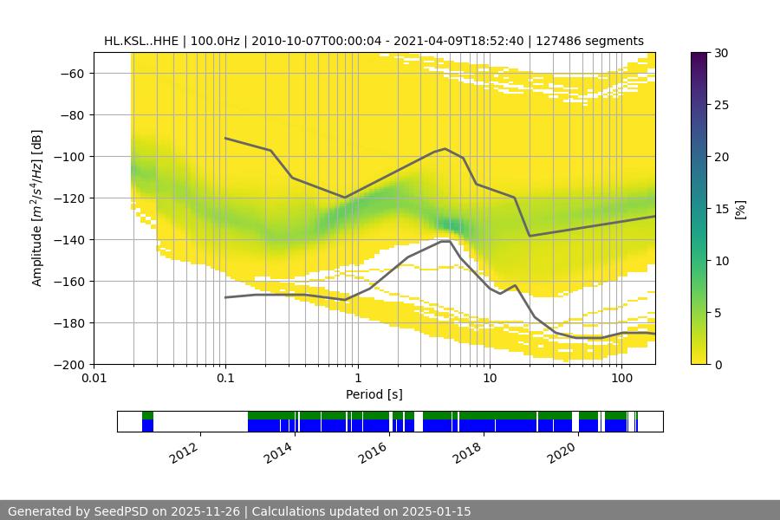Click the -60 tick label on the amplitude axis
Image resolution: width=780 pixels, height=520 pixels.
(70, 73)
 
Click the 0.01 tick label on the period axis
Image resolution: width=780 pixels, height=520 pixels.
(94, 379)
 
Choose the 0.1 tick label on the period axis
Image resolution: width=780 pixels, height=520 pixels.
(225, 379)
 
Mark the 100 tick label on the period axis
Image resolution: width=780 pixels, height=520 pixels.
(621, 379)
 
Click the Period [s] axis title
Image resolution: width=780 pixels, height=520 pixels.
(374, 395)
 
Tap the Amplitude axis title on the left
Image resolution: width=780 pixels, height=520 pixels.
(37, 208)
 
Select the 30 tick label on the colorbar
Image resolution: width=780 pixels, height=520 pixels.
(720, 53)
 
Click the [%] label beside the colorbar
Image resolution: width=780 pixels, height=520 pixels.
(739, 209)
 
